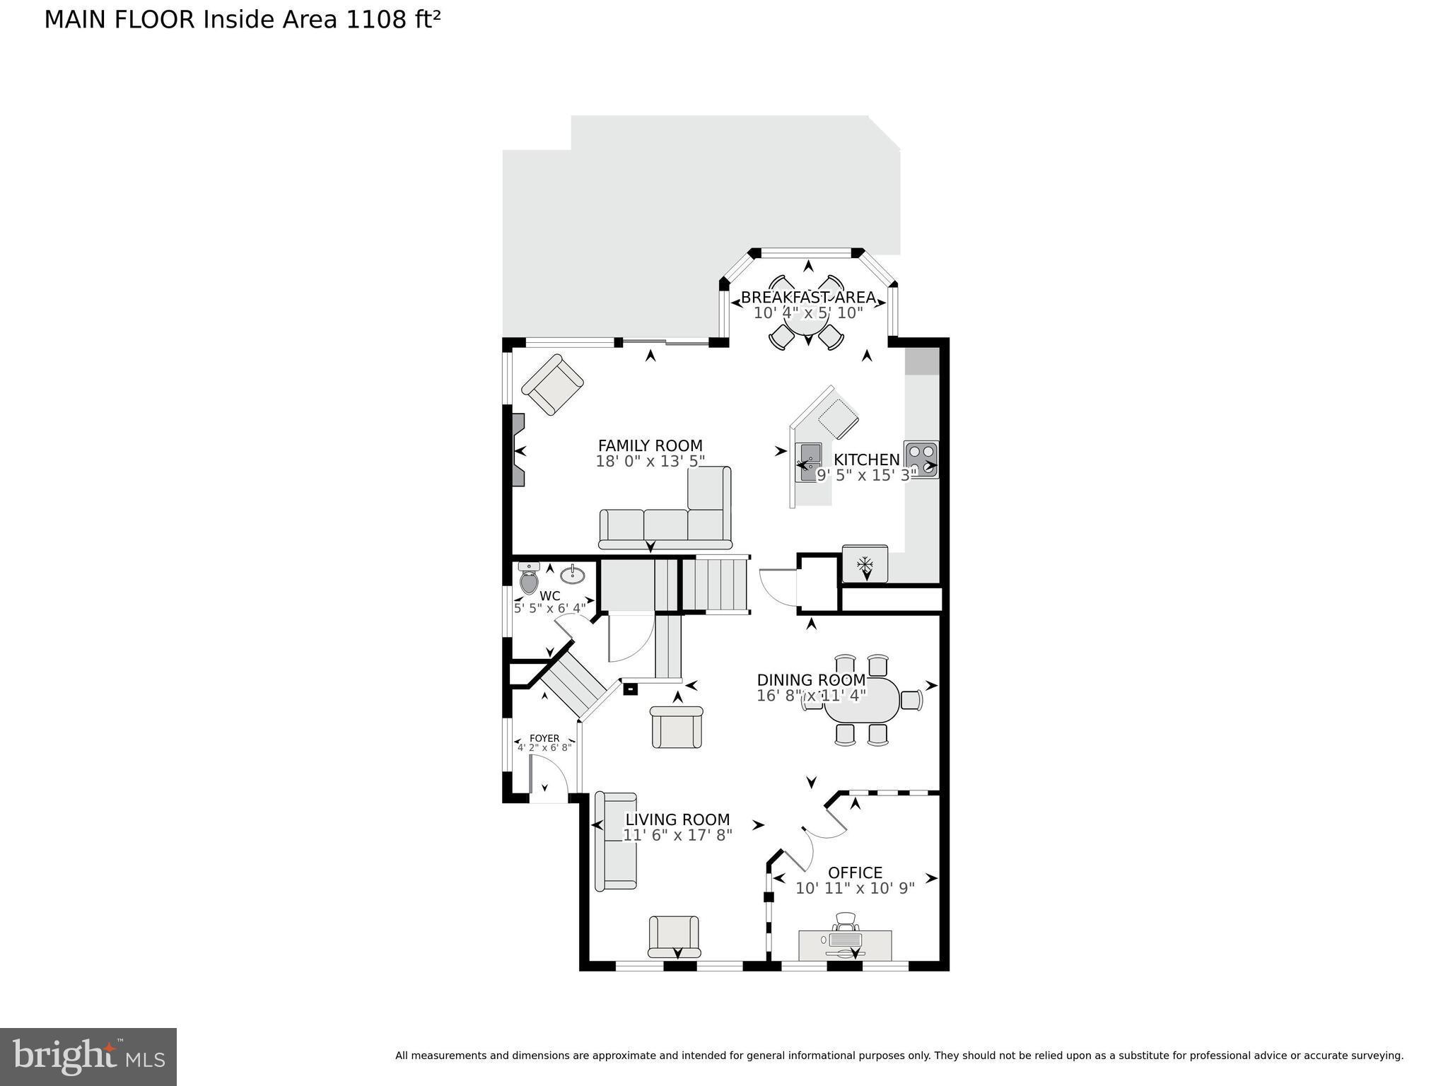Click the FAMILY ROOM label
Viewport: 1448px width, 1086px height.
pos(650,445)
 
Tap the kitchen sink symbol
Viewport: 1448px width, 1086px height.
pos(807,462)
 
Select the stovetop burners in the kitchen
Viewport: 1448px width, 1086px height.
pos(921,459)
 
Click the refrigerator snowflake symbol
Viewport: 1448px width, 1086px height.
pos(865,564)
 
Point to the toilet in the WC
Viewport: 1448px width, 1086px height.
pos(528,580)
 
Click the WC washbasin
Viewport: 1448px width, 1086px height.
pos(572,575)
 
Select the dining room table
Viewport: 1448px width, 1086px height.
pos(862,700)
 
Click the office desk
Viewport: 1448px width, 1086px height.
pos(845,944)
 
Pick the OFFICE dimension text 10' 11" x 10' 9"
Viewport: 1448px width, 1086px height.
pos(855,889)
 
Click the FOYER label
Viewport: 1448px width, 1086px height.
pos(544,738)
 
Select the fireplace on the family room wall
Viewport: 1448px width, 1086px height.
pos(517,450)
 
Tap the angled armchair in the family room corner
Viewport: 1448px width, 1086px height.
pos(552,385)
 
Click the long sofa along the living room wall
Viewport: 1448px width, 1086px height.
pos(616,841)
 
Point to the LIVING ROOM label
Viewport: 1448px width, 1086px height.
pos(677,819)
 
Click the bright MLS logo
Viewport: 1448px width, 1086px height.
pos(88,1056)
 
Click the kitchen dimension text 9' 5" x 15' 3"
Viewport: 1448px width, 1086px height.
pos(866,476)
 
